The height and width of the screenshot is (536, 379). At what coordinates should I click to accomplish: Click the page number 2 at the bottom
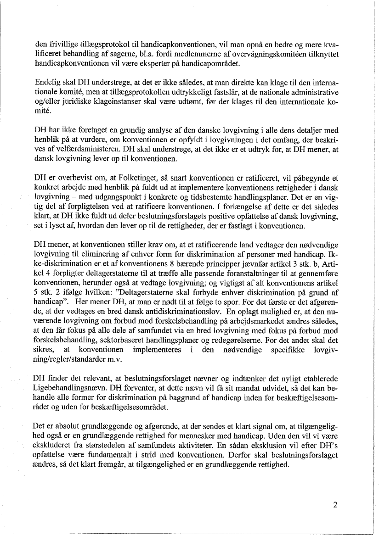pos(335,505)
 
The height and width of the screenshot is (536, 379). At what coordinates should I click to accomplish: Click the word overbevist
pos(72,178)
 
